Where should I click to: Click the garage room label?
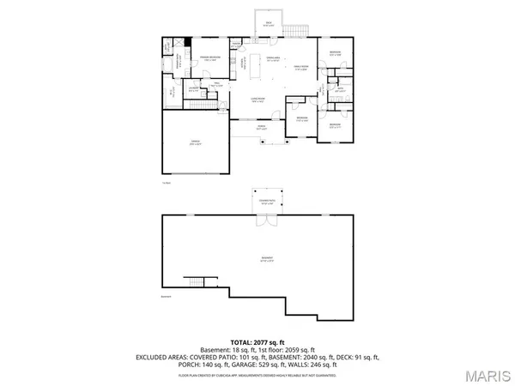(195, 143)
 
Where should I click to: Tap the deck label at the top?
(270, 26)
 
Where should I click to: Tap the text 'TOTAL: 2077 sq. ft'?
(257, 341)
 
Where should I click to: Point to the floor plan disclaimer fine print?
(257, 375)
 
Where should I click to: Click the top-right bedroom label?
(333, 55)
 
